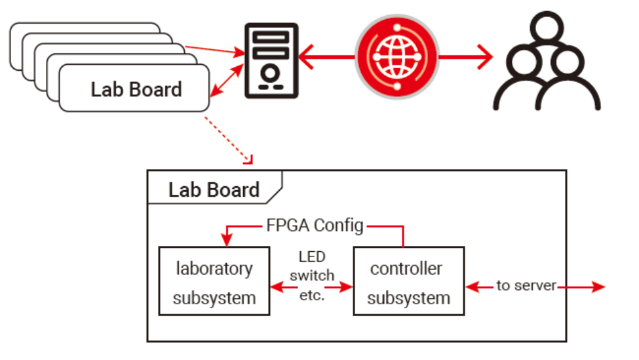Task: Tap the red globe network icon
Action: pyautogui.click(x=396, y=57)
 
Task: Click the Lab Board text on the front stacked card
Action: pyautogui.click(x=136, y=89)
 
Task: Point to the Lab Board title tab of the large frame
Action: pyautogui.click(x=214, y=190)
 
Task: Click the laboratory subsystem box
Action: pyautogui.click(x=214, y=283)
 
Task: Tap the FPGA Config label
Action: pyautogui.click(x=315, y=226)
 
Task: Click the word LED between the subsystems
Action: pyautogui.click(x=311, y=256)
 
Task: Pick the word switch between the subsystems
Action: pyautogui.click(x=311, y=275)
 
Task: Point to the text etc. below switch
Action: pyautogui.click(x=311, y=294)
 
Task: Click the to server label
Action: pyautogui.click(x=526, y=286)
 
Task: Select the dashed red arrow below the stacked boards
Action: pyautogui.click(x=229, y=140)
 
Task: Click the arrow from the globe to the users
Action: pyautogui.click(x=465, y=57)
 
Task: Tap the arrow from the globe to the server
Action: pyautogui.click(x=328, y=57)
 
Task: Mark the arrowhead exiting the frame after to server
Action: pyautogui.click(x=598, y=287)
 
